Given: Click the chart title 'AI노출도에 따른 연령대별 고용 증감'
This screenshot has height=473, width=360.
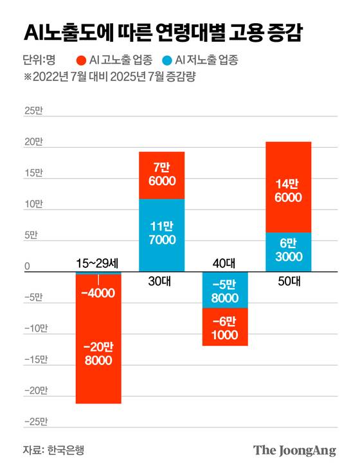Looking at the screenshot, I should (x=165, y=33).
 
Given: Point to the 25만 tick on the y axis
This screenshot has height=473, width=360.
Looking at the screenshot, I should (x=32, y=111).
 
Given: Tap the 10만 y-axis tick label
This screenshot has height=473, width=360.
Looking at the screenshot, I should (x=32, y=204).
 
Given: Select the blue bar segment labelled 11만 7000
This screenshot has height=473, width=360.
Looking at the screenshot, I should (x=162, y=235).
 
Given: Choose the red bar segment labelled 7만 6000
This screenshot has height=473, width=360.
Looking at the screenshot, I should (x=162, y=175).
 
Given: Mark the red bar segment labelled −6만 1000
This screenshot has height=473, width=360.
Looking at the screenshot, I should (x=225, y=327).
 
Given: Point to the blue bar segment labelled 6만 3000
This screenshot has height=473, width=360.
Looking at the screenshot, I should (x=288, y=251).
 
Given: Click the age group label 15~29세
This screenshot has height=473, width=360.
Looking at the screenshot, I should (x=98, y=263).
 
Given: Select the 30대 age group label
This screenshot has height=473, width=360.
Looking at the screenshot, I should (x=162, y=281).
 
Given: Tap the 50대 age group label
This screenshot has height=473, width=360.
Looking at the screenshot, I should (x=288, y=281).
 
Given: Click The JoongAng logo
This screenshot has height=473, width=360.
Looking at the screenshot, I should (x=294, y=450).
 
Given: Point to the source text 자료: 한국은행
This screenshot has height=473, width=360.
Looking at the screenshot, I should (x=53, y=450).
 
